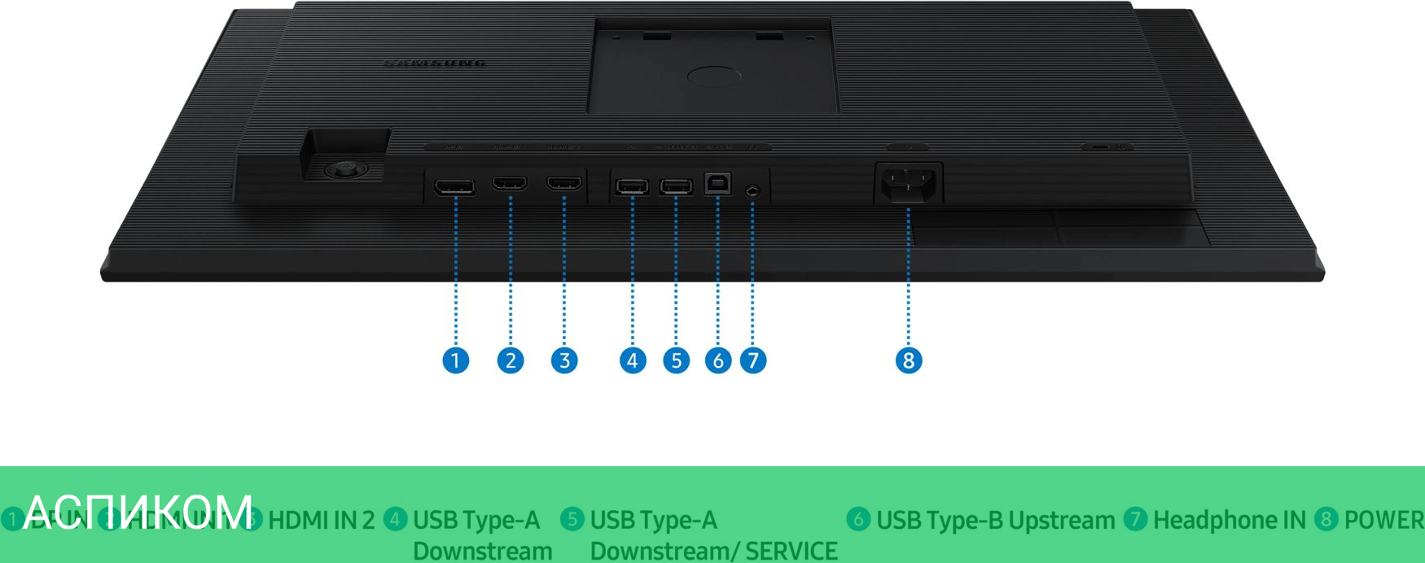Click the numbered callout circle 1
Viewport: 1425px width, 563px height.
455,360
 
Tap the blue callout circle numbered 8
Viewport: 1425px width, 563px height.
908,360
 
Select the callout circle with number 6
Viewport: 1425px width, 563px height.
717,360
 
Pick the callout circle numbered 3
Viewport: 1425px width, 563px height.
564,360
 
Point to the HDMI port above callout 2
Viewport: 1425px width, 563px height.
510,185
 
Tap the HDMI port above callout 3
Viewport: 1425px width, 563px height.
564,185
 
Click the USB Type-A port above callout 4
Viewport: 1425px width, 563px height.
632,187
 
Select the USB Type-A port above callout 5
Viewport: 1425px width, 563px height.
676,187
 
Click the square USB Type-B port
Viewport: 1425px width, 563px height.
717,184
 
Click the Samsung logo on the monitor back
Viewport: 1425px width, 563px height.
435,63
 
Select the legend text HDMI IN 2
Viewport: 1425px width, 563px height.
322,520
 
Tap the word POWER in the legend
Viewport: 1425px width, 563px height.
1383,520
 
